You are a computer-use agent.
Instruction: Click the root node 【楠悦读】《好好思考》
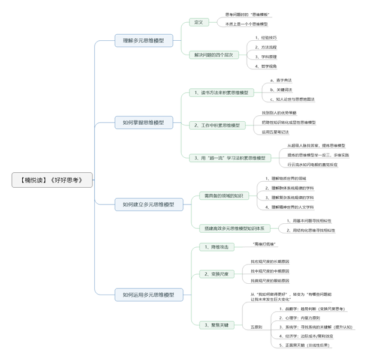coord(52,179)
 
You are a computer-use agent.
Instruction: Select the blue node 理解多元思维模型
coord(143,40)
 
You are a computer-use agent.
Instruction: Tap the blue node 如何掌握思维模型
coord(143,122)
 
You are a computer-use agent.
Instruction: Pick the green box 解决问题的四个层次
coord(213,55)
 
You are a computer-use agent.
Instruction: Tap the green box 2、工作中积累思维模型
coord(216,125)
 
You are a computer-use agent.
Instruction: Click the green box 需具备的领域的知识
coord(223,196)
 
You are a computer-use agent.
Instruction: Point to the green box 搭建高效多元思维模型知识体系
coord(234,228)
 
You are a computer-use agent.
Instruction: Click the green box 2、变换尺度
coord(216,274)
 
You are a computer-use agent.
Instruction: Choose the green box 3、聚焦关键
coord(216,325)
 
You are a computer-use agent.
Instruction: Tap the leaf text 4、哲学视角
coord(266,66)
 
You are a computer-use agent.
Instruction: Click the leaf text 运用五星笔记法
coord(275,132)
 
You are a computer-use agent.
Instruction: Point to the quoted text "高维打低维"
coord(264,244)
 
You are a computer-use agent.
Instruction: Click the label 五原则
coord(256,327)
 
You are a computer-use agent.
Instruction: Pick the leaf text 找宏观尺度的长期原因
coord(270,262)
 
